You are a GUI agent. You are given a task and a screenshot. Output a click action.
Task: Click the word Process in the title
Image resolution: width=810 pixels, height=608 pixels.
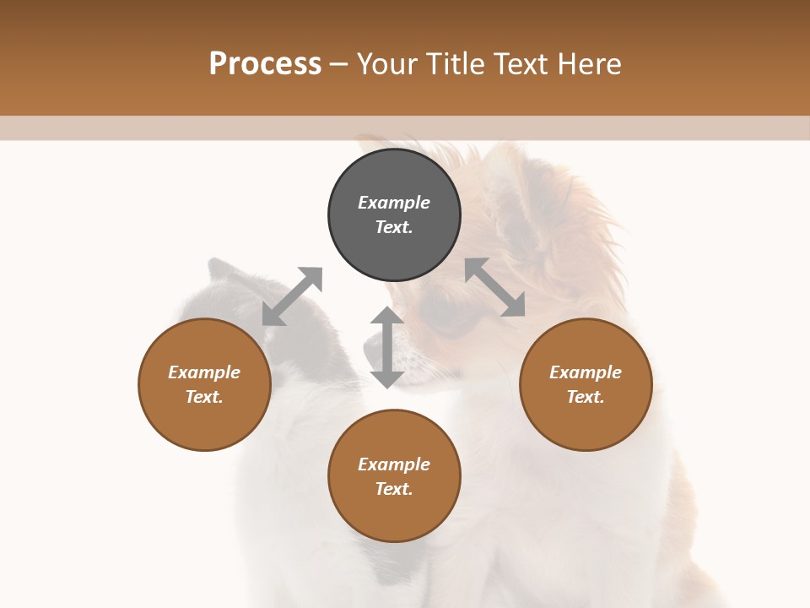[x=265, y=64]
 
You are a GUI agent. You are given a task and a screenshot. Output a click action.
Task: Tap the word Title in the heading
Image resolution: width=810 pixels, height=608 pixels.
[x=459, y=64]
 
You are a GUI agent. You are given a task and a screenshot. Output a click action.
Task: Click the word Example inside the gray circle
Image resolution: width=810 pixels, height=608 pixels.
[x=394, y=203]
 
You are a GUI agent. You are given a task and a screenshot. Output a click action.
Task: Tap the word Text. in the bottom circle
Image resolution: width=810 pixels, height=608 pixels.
[x=394, y=489]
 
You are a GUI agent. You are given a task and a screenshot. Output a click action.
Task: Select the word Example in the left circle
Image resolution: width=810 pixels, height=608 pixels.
[x=204, y=372]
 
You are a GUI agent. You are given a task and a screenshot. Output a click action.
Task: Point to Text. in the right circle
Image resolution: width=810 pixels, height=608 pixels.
[x=586, y=397]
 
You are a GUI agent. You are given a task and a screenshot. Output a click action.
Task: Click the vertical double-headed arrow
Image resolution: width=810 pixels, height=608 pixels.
[x=387, y=347]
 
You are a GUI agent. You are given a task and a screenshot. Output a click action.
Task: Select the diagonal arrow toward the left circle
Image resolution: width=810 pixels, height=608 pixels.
[x=292, y=296]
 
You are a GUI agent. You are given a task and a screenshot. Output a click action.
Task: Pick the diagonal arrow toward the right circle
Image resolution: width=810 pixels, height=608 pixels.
[x=494, y=287]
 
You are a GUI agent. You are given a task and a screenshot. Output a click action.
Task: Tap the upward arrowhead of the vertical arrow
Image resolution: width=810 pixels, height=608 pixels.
[x=387, y=316]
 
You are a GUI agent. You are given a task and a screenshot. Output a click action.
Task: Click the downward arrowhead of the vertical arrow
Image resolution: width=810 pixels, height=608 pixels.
[x=387, y=378]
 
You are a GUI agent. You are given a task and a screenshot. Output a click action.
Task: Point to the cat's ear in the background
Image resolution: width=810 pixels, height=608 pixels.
[x=221, y=272]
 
